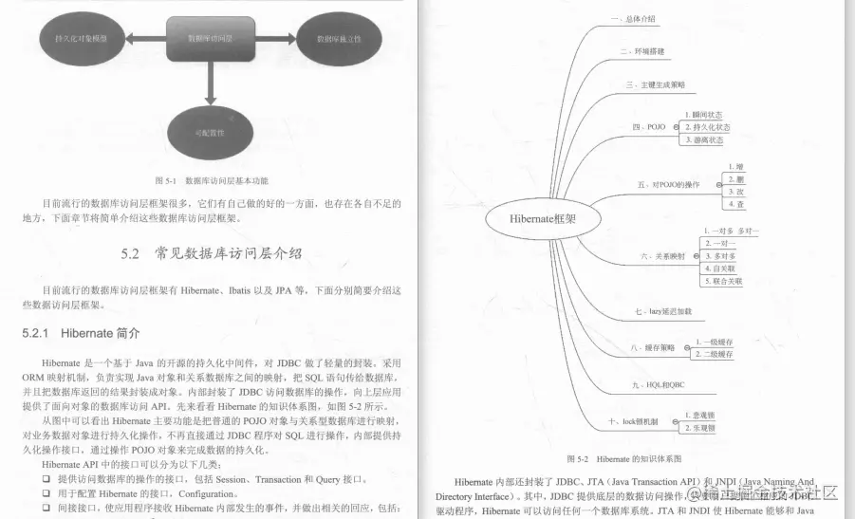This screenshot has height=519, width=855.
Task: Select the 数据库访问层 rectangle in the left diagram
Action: click(x=210, y=38)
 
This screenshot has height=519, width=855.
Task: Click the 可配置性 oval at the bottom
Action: click(x=210, y=132)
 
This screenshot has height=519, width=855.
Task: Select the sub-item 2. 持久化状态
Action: click(x=707, y=126)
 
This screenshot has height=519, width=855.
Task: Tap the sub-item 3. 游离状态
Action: click(x=703, y=139)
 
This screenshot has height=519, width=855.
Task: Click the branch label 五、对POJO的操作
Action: click(x=669, y=184)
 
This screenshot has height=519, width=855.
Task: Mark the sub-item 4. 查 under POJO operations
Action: click(x=736, y=203)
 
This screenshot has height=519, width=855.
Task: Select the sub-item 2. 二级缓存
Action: click(x=714, y=354)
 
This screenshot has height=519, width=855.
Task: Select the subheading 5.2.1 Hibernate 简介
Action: click(x=81, y=334)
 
